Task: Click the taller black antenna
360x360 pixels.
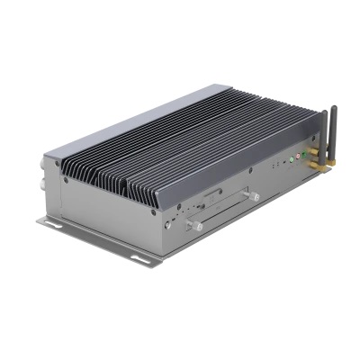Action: coord(333,130)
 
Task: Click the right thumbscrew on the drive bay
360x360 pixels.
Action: coord(255,195)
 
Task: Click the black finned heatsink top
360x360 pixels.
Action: coord(180,144)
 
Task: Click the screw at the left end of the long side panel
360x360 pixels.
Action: coord(66,180)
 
